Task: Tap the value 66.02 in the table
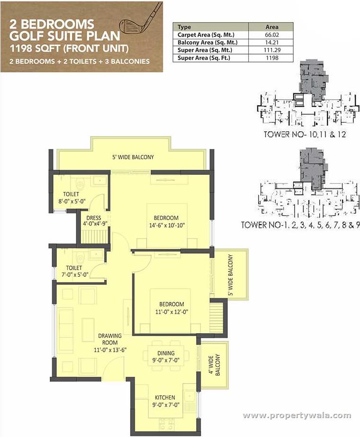coord(272,35)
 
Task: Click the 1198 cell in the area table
coord(272,57)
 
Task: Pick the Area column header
coord(272,27)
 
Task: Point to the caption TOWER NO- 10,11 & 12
coord(305,135)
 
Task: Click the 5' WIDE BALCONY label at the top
coord(133,157)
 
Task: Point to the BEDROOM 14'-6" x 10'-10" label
coord(166,221)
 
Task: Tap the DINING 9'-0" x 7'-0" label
coord(166,356)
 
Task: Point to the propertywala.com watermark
coord(297,416)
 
